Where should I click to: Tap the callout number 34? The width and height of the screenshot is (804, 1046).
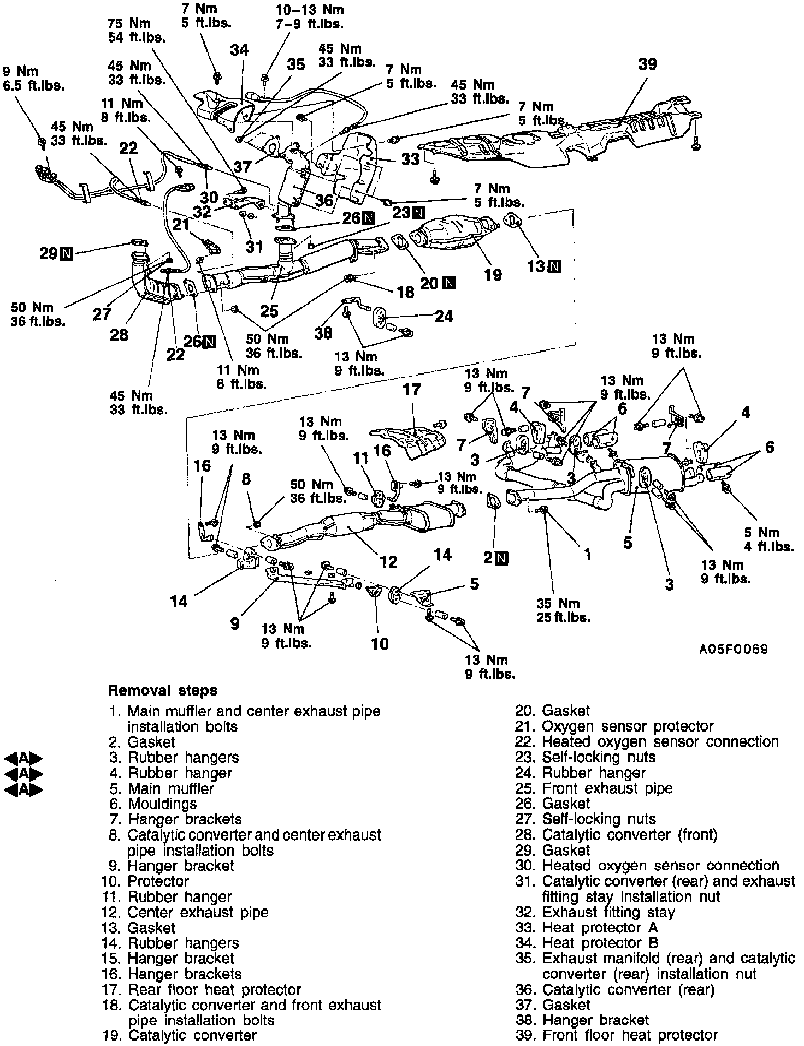tap(239, 50)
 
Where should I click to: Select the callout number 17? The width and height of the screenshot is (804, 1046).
tap(412, 390)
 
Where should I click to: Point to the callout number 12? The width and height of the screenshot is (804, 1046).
tap(388, 561)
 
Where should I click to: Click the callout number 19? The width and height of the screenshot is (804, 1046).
tap(493, 274)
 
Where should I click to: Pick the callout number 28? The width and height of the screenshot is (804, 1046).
tap(119, 334)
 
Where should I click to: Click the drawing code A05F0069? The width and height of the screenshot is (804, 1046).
tap(734, 650)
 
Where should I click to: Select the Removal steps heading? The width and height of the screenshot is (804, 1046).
tap(162, 691)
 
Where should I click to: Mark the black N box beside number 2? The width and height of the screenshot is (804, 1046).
tap(503, 557)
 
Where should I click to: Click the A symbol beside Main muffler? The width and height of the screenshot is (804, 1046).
tap(23, 789)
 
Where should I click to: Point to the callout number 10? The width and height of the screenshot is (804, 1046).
tap(380, 644)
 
